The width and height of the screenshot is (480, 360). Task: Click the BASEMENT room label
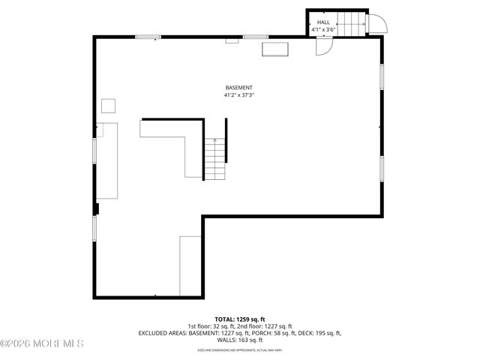pyautogui.click(x=238, y=88)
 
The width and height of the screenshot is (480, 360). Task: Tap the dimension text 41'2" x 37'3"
pyautogui.click(x=238, y=95)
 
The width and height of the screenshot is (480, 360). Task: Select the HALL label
pyautogui.click(x=323, y=22)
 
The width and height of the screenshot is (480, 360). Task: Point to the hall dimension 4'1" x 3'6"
pyautogui.click(x=323, y=30)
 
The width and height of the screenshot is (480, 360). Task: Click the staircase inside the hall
pyautogui.click(x=352, y=23)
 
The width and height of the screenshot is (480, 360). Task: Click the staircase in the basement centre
pyautogui.click(x=215, y=159)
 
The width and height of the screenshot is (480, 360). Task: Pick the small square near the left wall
pyautogui.click(x=109, y=105)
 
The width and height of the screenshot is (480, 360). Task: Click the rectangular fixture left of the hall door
pyautogui.click(x=274, y=49)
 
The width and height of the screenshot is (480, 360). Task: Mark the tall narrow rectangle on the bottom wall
pyautogui.click(x=190, y=265)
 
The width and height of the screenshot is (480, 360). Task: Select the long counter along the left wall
pyautogui.click(x=106, y=161)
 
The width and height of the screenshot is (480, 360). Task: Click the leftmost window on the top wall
pyautogui.click(x=148, y=36)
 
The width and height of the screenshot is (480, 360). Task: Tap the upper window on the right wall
pyautogui.click(x=382, y=77)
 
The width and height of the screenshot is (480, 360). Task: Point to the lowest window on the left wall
pyautogui.click(x=94, y=229)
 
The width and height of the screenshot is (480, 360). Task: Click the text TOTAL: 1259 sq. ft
pyautogui.click(x=240, y=319)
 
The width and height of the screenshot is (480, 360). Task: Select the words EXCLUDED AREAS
pyautogui.click(x=161, y=333)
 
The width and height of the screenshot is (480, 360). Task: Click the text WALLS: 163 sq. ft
pyautogui.click(x=240, y=340)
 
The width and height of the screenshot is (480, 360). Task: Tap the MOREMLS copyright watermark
pyautogui.click(x=43, y=343)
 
